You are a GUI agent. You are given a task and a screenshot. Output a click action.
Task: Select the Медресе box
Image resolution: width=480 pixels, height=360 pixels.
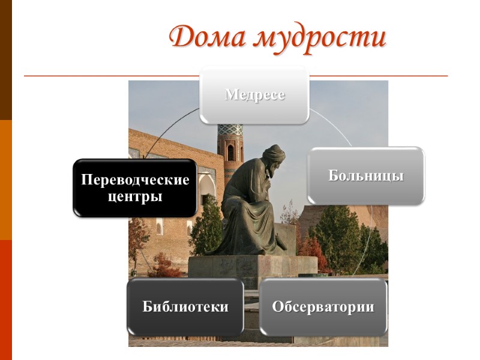(254, 95)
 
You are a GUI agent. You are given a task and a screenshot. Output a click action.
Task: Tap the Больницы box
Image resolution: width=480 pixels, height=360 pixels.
(365, 176)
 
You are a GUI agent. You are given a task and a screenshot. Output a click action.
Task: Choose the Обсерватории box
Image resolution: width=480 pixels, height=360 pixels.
(323, 307)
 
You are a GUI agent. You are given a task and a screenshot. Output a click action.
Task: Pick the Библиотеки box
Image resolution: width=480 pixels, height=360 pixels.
(185, 307)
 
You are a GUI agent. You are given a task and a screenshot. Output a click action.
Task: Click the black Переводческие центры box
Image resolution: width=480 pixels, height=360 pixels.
(135, 188)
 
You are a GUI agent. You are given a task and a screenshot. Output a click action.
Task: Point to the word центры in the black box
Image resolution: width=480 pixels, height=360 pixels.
(136, 196)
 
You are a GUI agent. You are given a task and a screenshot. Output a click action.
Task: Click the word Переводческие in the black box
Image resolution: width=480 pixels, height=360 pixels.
(136, 180)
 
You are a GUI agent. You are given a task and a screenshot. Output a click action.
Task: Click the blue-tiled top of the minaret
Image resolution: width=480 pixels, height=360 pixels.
(230, 131)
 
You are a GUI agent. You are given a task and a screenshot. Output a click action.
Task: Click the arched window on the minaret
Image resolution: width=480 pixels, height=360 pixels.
(230, 152)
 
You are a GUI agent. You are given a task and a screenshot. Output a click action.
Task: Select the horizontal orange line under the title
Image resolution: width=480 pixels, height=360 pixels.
(108, 76)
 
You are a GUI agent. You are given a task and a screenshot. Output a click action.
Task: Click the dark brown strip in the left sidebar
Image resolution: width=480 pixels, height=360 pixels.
(5, 60)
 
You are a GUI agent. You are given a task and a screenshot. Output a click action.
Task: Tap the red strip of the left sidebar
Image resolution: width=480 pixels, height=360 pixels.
(5, 300)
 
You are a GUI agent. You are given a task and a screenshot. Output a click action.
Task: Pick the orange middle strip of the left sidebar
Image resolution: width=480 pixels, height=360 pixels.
(5, 180)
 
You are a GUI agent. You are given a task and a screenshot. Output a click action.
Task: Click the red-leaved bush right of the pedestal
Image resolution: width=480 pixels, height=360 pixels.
(312, 252)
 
